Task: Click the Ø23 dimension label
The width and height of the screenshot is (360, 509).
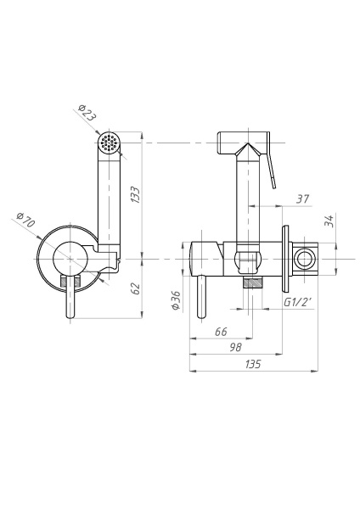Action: (x=87, y=112)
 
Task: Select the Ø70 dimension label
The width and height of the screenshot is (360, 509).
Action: (x=25, y=220)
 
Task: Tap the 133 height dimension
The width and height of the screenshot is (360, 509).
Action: (x=136, y=195)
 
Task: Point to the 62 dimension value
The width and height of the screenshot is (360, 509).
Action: (x=136, y=288)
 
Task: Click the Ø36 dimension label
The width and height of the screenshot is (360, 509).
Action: (x=176, y=300)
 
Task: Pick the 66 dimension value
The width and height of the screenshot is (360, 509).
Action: (x=221, y=332)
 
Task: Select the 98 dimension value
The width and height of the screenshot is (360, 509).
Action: (x=235, y=347)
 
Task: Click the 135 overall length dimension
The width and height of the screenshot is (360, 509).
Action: (x=253, y=364)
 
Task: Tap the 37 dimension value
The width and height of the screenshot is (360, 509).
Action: (x=303, y=199)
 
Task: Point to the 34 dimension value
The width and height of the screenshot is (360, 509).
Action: (x=329, y=221)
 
